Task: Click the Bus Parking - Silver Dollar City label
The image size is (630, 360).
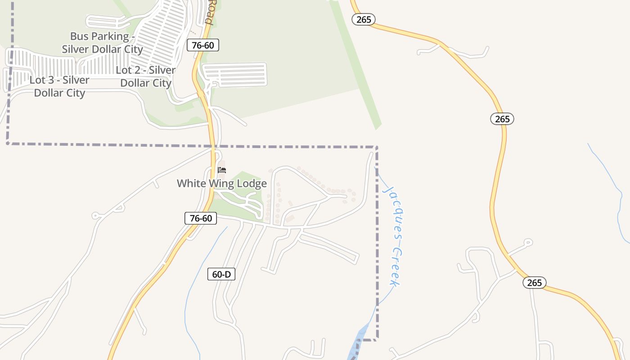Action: (102, 43)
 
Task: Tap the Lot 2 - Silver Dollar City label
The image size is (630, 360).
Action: (145, 76)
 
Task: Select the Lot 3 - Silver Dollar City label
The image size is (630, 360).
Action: (59, 86)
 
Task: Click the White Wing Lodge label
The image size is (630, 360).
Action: (221, 184)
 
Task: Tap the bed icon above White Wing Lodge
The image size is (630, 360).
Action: (221, 170)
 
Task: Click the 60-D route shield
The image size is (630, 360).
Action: (221, 274)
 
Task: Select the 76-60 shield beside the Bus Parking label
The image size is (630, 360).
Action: (203, 45)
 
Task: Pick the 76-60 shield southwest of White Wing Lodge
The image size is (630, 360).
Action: (201, 218)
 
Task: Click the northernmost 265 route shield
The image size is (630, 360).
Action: (364, 19)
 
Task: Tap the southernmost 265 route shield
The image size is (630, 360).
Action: (534, 283)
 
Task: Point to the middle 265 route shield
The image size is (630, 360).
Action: (502, 119)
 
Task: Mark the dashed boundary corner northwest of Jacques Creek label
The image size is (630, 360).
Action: (376, 147)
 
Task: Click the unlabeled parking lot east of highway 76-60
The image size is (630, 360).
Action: (234, 74)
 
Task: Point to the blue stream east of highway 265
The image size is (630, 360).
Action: (612, 180)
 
